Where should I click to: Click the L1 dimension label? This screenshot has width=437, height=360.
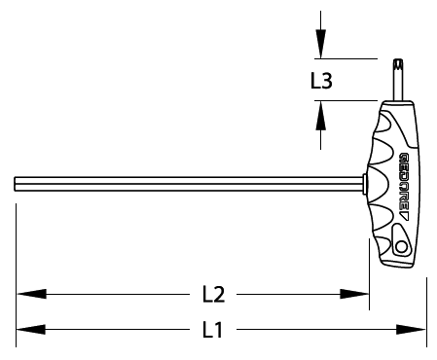[x=213, y=330]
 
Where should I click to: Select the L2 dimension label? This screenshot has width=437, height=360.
[x=213, y=294]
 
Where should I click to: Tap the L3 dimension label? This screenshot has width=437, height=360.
[x=321, y=81]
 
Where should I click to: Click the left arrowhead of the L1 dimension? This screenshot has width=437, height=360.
[x=31, y=330]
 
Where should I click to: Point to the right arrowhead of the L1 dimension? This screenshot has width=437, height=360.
[x=411, y=330]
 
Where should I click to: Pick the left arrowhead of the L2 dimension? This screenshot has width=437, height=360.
[x=31, y=294]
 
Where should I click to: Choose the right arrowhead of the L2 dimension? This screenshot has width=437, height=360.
[x=354, y=294]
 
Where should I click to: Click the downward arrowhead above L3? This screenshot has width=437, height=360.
[x=321, y=44]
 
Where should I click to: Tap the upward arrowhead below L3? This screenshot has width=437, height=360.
[x=321, y=116]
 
